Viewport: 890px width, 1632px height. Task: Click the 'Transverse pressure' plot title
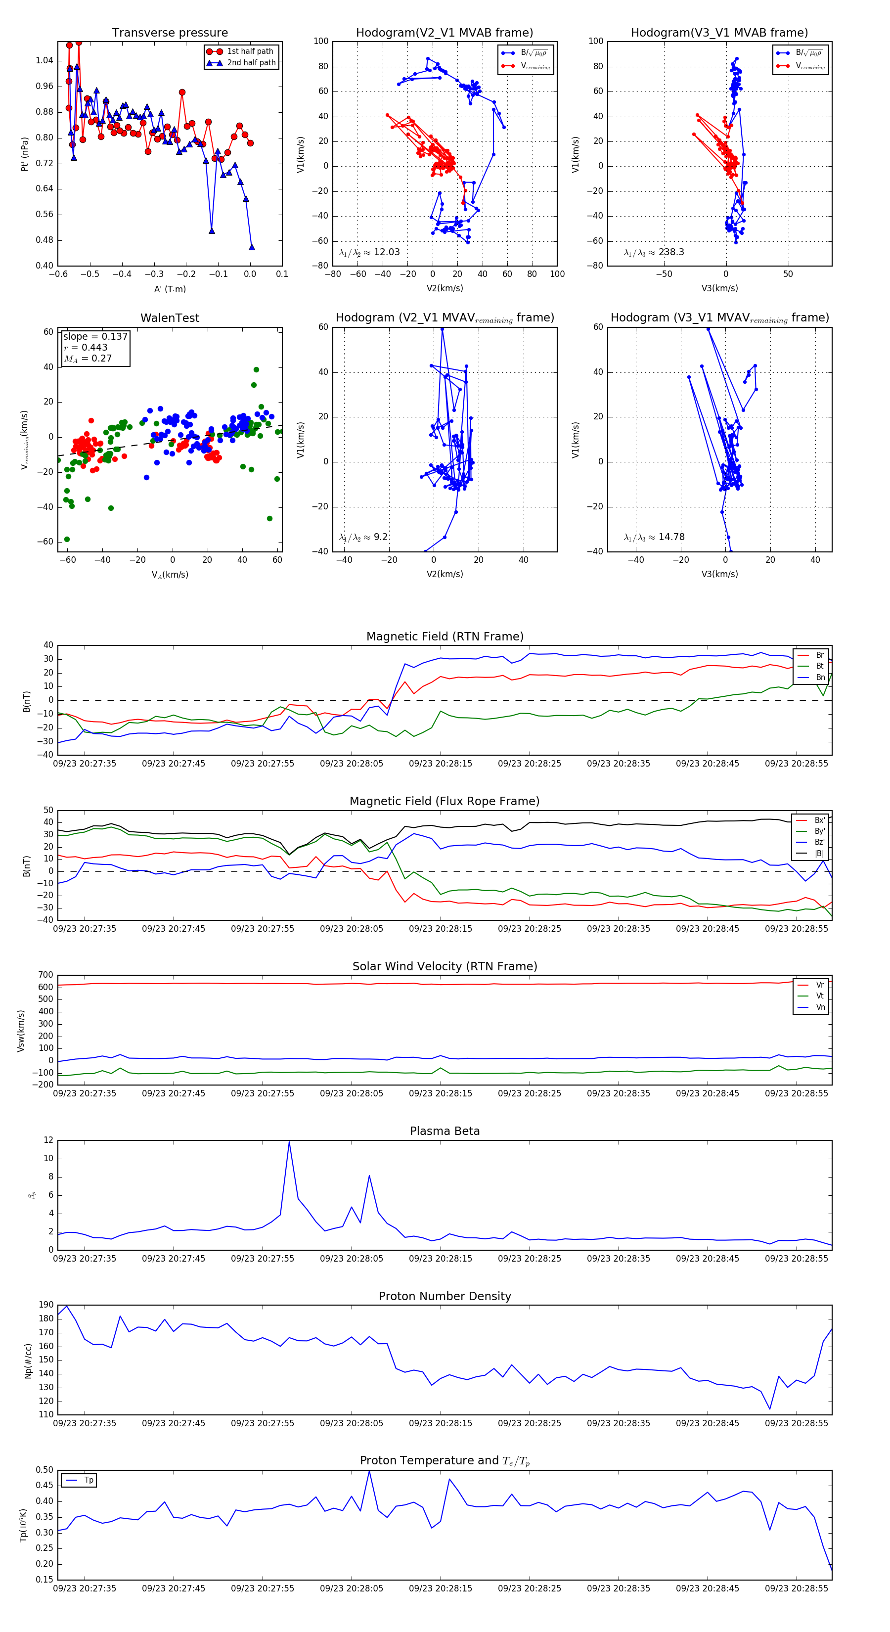[170, 33]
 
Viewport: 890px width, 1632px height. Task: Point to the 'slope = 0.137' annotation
[95, 336]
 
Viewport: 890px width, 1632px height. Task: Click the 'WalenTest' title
[170, 318]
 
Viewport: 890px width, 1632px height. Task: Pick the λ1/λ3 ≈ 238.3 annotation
[654, 252]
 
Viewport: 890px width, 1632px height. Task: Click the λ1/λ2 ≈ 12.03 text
[369, 252]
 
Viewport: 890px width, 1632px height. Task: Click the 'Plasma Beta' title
[445, 1131]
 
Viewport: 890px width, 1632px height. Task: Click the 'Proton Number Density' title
[445, 1296]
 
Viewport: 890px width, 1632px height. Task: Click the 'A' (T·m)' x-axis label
[170, 289]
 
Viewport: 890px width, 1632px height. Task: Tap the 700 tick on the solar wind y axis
[45, 975]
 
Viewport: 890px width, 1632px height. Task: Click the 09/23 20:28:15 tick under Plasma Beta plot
[440, 1258]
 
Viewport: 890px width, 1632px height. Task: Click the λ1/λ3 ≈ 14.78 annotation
[654, 537]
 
